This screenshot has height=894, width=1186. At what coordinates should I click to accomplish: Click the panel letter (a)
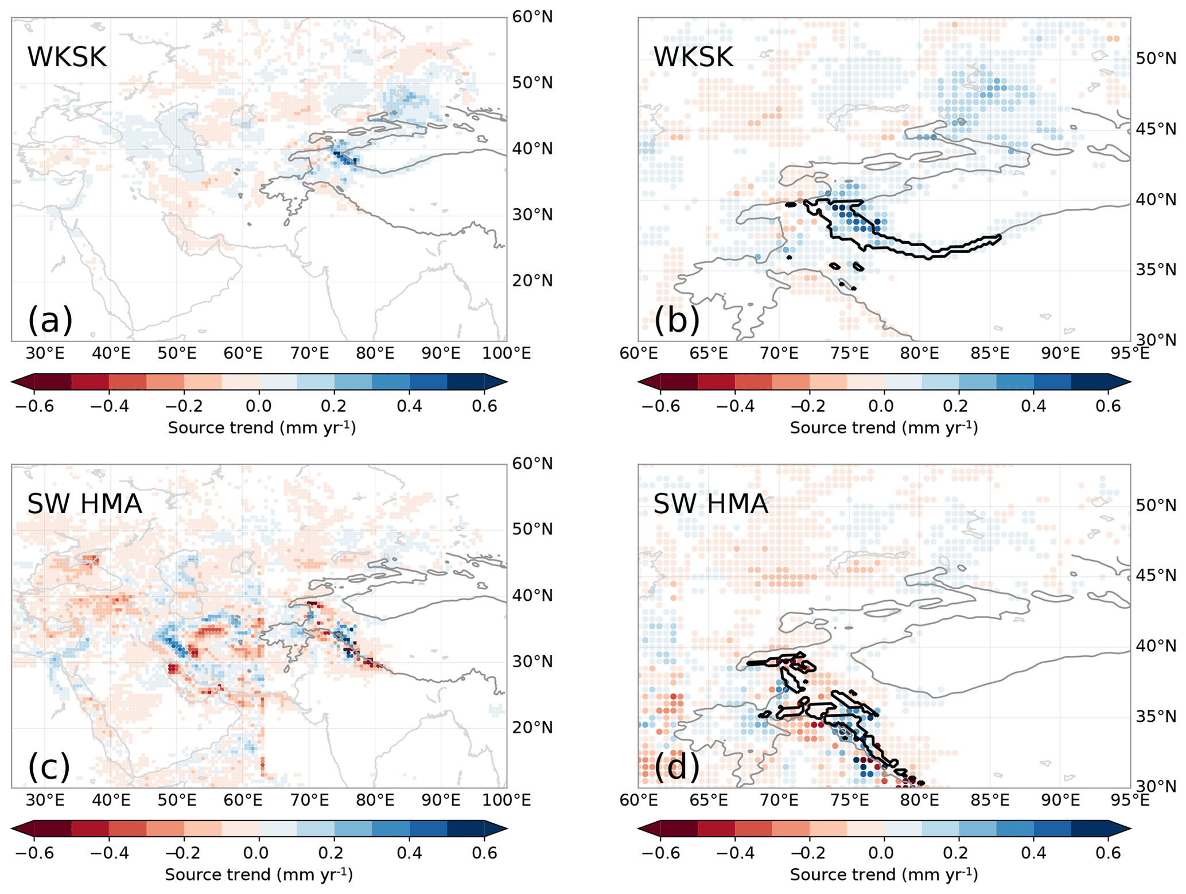pyautogui.click(x=50, y=320)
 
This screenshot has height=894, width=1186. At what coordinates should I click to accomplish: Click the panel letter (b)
pyautogui.click(x=676, y=320)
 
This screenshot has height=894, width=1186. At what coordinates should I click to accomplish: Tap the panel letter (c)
pyautogui.click(x=49, y=766)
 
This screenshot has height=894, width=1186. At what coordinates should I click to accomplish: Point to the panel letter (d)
pyautogui.click(x=676, y=766)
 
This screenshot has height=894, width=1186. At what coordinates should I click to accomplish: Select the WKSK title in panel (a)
pyautogui.click(x=67, y=57)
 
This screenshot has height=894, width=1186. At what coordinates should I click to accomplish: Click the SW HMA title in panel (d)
pyautogui.click(x=710, y=504)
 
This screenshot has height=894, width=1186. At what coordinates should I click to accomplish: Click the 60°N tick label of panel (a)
pyautogui.click(x=532, y=17)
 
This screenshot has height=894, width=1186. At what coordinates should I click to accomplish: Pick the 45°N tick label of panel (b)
pyautogui.click(x=1156, y=129)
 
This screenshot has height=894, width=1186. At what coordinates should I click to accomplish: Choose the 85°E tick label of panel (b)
pyautogui.click(x=990, y=353)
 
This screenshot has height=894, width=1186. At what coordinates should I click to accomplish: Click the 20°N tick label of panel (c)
pyautogui.click(x=532, y=728)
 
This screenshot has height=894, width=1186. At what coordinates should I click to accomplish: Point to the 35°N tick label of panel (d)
pyautogui.click(x=1156, y=716)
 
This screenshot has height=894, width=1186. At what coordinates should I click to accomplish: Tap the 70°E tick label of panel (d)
pyautogui.click(x=779, y=799)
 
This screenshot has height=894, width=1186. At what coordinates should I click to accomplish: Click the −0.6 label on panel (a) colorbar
pyautogui.click(x=34, y=406)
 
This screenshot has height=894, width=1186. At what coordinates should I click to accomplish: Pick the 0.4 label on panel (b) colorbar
pyautogui.click(x=1033, y=406)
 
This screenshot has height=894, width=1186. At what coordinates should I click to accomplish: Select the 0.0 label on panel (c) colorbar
pyautogui.click(x=259, y=853)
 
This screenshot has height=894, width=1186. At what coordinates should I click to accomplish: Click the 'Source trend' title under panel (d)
pyautogui.click(x=884, y=874)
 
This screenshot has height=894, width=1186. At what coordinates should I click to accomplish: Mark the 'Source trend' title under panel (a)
pyautogui.click(x=262, y=427)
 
